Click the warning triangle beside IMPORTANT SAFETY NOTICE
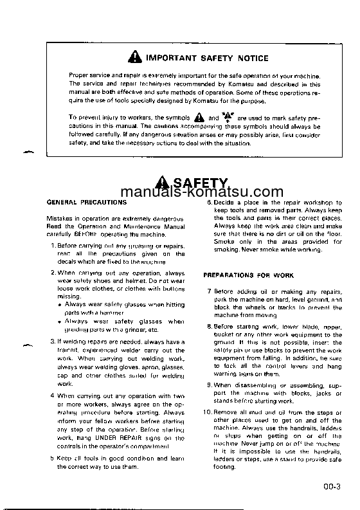point(132,58)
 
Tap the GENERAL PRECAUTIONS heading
point(78,202)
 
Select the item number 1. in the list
point(53,246)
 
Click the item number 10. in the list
point(208,412)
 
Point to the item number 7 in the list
point(210,291)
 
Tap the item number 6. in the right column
point(209,203)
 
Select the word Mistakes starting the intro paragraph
point(61,219)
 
